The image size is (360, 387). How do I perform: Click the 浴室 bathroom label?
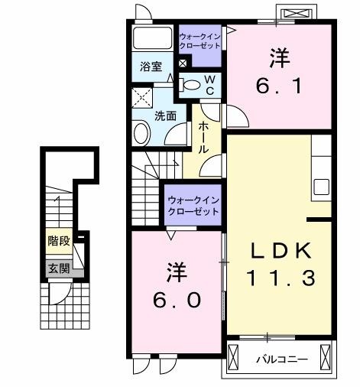[x=150, y=66]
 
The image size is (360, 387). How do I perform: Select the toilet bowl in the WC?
[x=192, y=85]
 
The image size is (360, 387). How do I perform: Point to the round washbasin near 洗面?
[x=142, y=133]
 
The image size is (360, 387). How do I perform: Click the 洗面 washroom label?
[x=166, y=115]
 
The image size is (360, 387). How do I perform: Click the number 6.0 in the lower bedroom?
[x=177, y=299]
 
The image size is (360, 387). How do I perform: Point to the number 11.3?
[x=280, y=279]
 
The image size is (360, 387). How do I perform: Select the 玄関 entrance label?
[x=58, y=268]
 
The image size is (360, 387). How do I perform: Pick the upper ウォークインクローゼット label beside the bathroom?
[x=199, y=41]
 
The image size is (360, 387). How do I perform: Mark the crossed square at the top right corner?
[x=298, y=14]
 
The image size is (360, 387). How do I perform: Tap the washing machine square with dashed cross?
[x=142, y=97]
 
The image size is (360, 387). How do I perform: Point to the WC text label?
[x=209, y=85]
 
